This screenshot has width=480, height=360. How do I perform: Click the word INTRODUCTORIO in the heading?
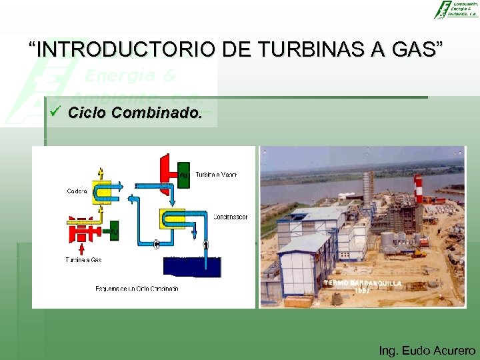pyautogui.click(x=126, y=49)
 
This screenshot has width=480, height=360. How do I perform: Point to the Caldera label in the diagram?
pyautogui.click(x=77, y=191)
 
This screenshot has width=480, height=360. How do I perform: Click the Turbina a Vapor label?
pyautogui.click(x=216, y=175)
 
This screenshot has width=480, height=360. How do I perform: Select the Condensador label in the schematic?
pyautogui.click(x=230, y=217)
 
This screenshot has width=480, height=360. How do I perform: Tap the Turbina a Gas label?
pyautogui.click(x=84, y=259)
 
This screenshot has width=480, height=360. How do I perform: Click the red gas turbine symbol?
pyautogui.click(x=83, y=231)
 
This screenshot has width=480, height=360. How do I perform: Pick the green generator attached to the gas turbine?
pyautogui.click(x=114, y=231)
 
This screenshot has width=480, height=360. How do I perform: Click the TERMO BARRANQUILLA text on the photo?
pyautogui.click(x=363, y=283)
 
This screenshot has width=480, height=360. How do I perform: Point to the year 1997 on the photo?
pyautogui.click(x=362, y=291)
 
